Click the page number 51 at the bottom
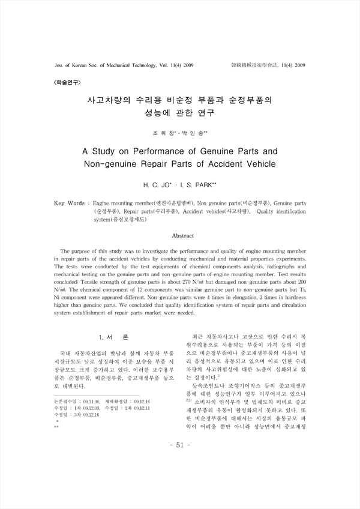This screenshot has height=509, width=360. coord(180,478)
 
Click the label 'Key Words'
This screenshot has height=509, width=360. coord(69,204)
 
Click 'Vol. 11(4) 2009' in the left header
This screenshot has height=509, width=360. coord(164,64)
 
